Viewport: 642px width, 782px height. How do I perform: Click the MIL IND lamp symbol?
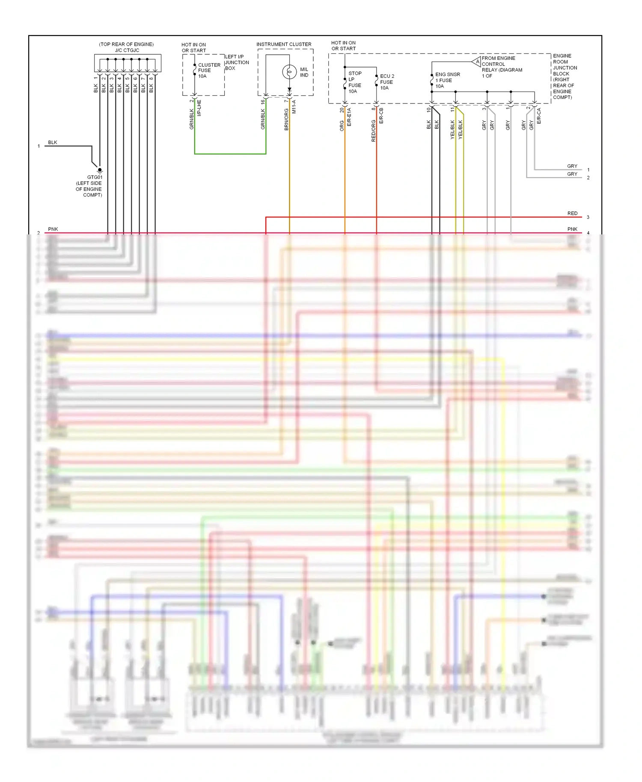point(289,72)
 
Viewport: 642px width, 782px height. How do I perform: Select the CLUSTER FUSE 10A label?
point(209,71)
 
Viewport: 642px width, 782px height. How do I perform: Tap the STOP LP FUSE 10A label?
point(355,82)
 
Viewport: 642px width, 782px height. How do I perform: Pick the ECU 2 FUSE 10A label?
point(386,82)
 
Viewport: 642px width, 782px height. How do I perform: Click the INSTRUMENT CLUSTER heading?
point(284,44)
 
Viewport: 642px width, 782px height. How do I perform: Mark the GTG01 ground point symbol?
point(99,170)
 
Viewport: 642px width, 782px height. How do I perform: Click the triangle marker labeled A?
point(477,62)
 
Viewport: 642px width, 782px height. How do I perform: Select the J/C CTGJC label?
point(127,50)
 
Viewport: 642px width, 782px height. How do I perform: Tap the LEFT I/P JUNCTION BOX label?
point(237,62)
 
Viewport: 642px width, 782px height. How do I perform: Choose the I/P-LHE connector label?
point(199,108)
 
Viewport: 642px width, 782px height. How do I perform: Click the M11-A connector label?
point(294,107)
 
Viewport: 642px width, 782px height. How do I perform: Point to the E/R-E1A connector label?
point(349,117)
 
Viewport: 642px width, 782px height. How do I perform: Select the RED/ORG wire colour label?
point(373,130)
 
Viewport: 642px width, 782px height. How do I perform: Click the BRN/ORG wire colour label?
point(286,119)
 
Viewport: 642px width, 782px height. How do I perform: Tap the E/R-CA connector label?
point(539,116)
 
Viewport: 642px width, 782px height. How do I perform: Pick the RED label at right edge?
point(572,213)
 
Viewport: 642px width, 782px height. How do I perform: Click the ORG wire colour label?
point(342,125)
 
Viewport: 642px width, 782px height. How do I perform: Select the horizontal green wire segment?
point(230,154)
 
